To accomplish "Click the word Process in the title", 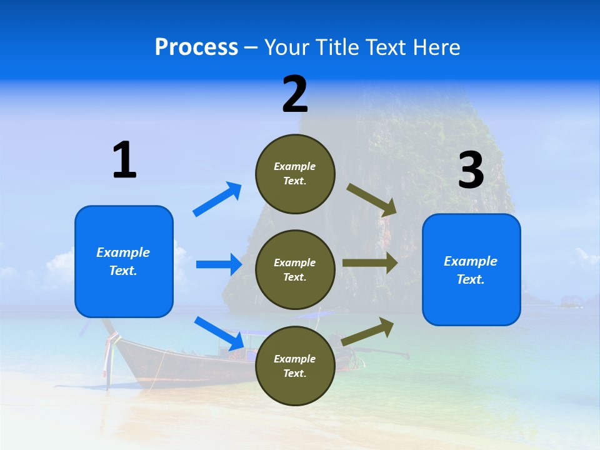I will point(196,47).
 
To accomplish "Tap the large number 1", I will point(124,160).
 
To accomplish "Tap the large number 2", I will point(295,94).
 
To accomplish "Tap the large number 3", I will point(471,170).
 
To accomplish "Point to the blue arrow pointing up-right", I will point(217,199).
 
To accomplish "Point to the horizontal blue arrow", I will point(219,264).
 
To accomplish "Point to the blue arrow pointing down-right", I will point(219,333).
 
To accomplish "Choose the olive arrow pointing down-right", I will point(372,200).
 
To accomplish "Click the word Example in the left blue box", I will point(123,252).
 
